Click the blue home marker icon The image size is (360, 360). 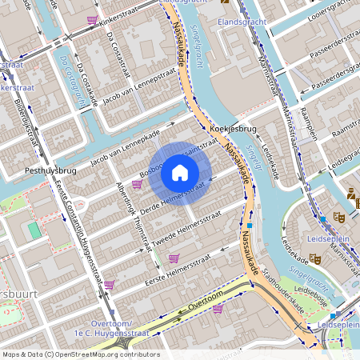click(x=180, y=172)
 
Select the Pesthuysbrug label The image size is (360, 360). click(x=50, y=171)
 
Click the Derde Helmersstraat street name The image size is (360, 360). click(x=172, y=198)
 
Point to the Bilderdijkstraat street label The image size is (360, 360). click(x=26, y=120)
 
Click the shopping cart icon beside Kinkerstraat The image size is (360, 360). click(x=92, y=18)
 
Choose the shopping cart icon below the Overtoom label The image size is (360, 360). click(x=218, y=308)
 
